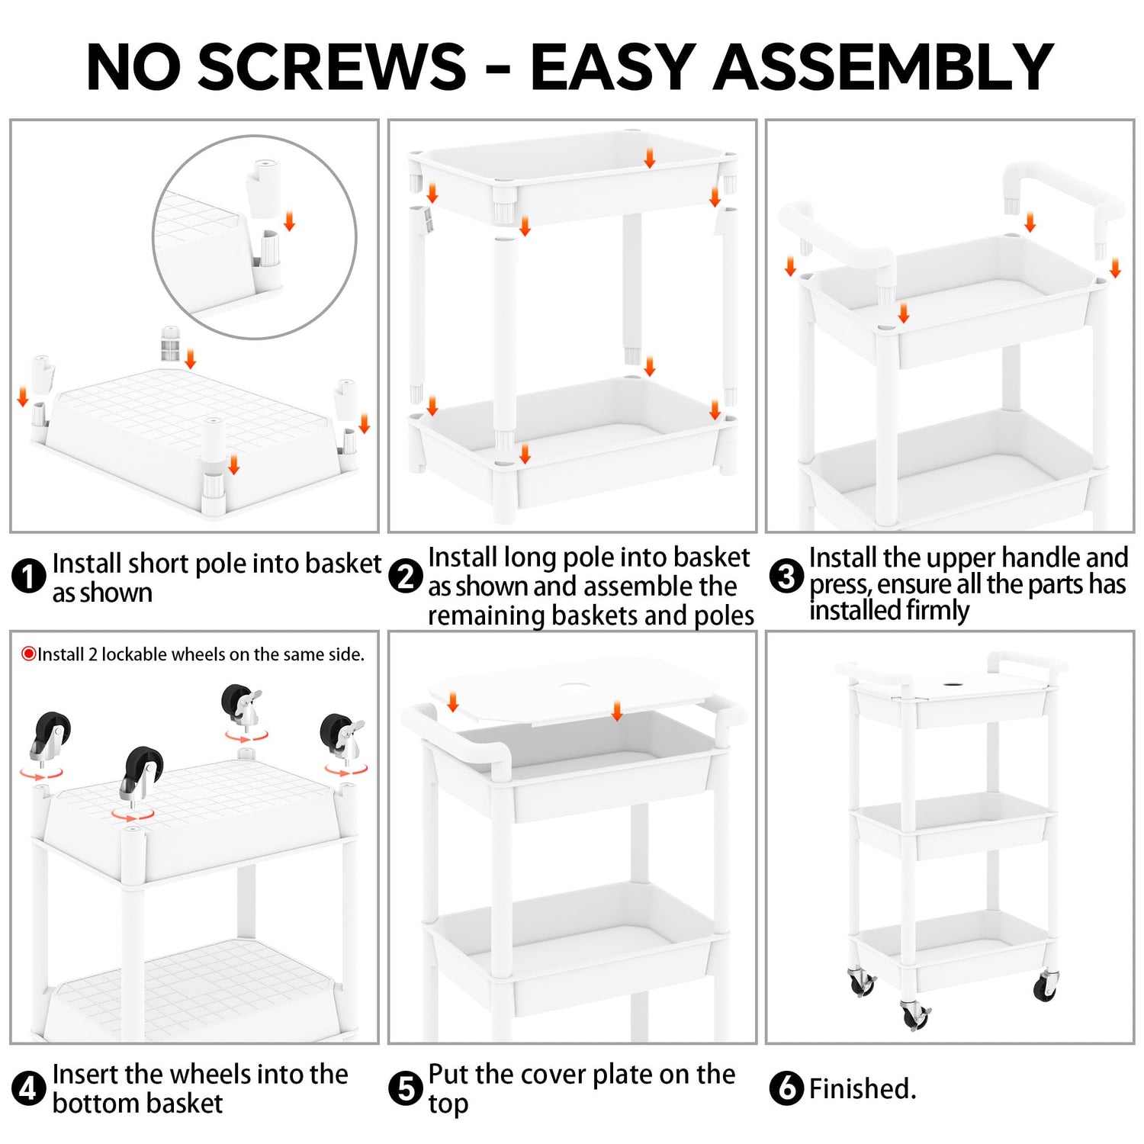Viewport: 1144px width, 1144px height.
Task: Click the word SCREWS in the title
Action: [332, 67]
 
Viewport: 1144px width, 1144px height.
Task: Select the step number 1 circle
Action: [29, 576]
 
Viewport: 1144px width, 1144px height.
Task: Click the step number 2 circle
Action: [406, 576]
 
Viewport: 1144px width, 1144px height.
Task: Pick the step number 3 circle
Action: [786, 576]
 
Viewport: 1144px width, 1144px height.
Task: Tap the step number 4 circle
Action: [29, 1088]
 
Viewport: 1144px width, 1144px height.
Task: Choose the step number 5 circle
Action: [406, 1088]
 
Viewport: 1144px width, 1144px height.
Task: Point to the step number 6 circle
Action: [786, 1088]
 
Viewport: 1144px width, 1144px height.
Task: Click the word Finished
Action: [863, 1088]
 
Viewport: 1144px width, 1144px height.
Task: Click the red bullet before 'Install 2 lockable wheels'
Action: [29, 654]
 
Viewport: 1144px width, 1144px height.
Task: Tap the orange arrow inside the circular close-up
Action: [289, 221]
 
